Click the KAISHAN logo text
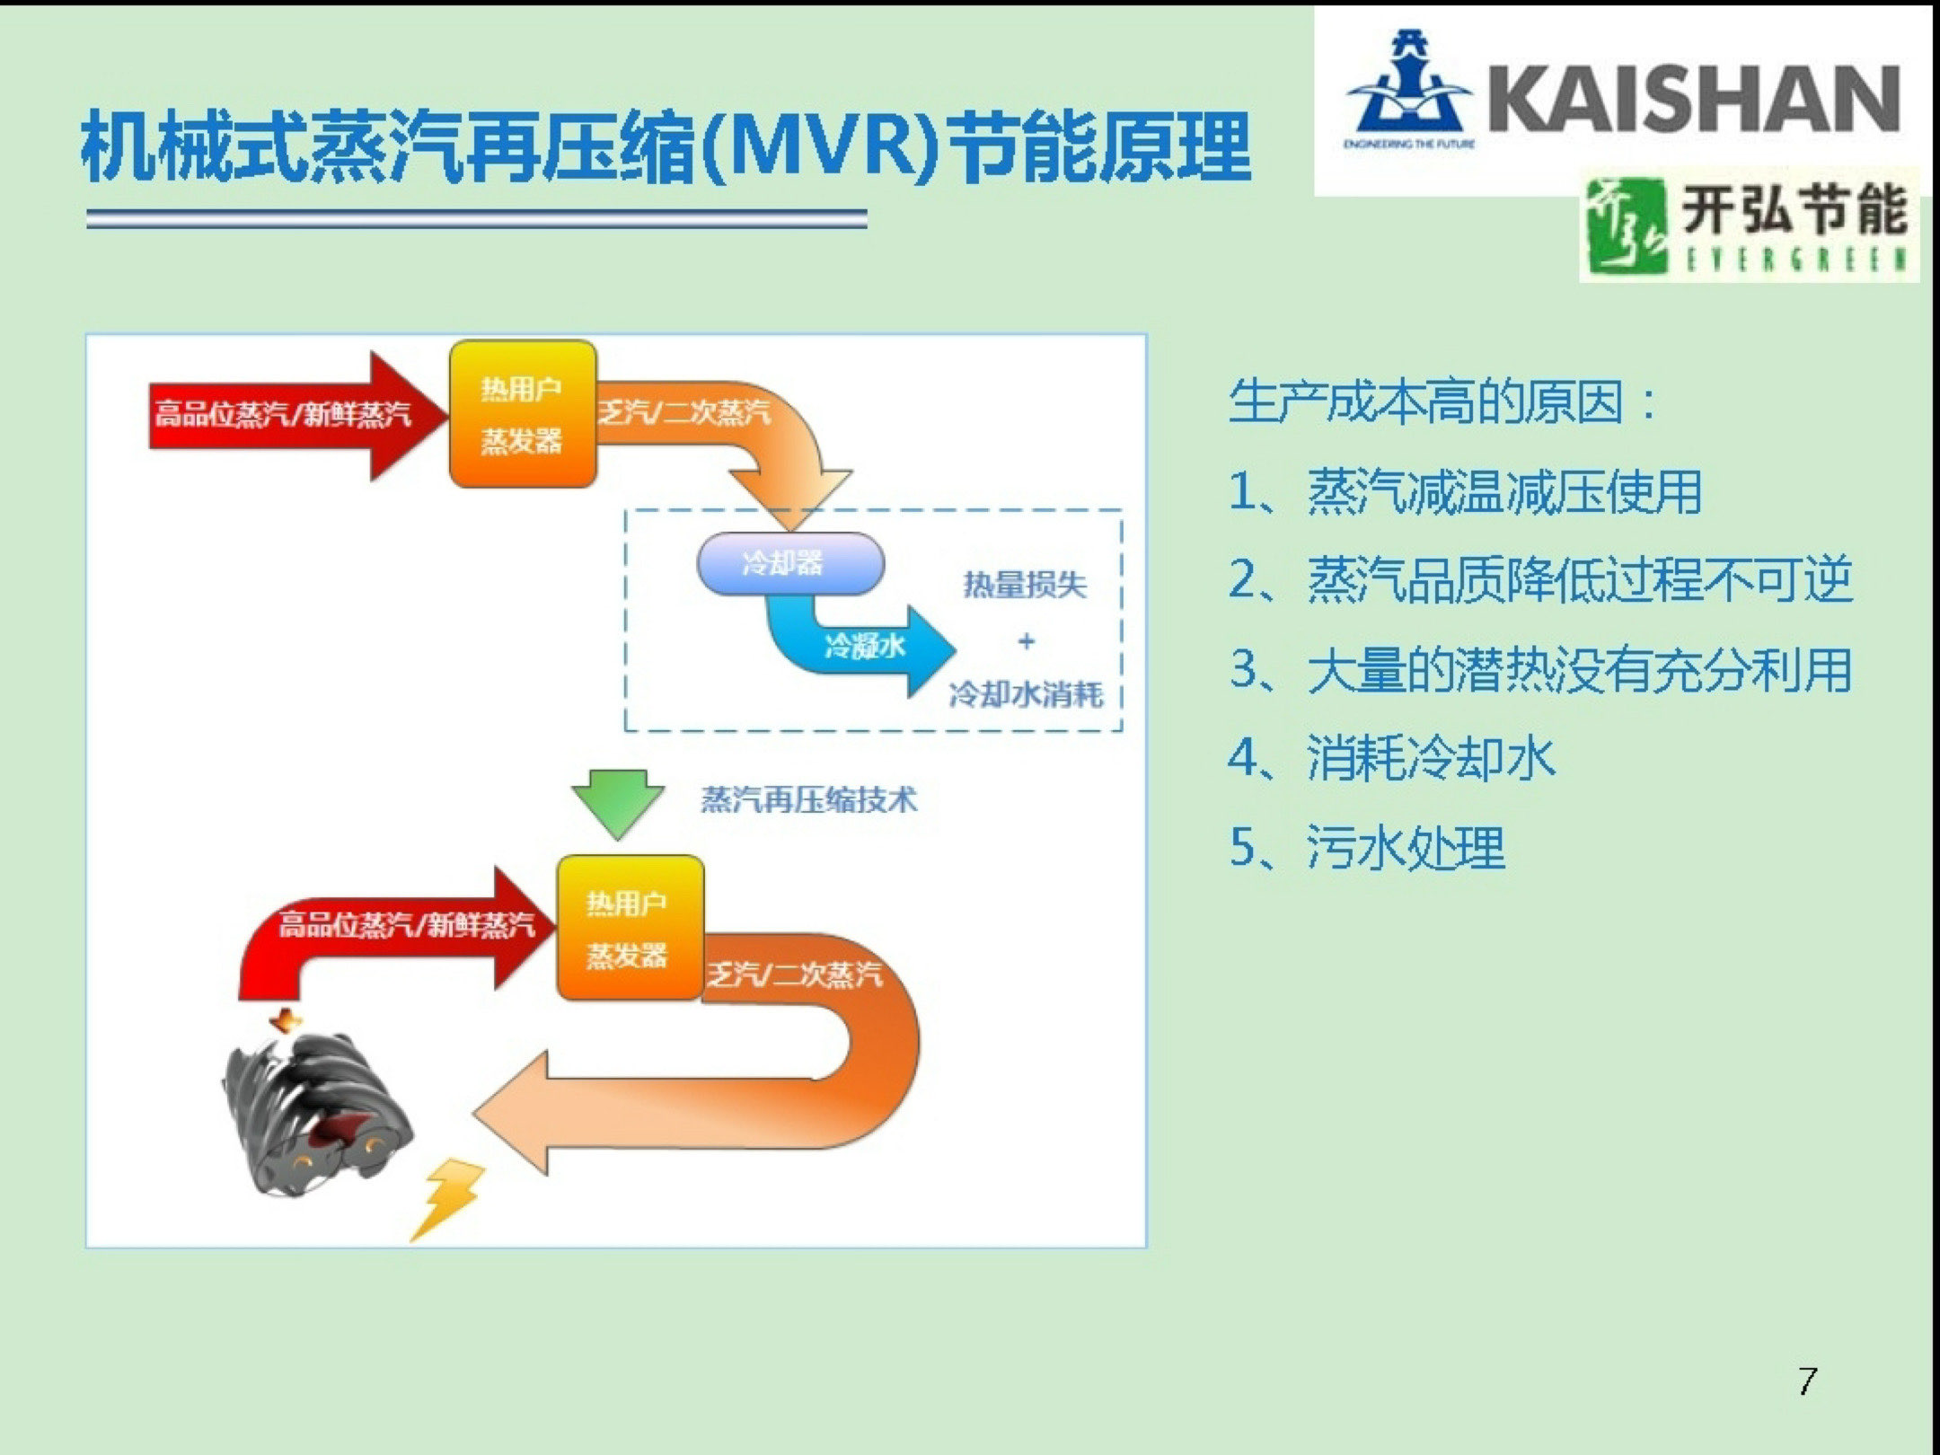click(1693, 99)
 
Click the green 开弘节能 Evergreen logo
click(1748, 225)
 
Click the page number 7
click(1808, 1380)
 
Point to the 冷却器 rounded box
click(790, 564)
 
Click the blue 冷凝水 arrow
click(862, 647)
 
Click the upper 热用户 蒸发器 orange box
click(523, 414)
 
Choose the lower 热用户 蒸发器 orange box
click(630, 928)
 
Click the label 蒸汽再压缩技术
click(808, 799)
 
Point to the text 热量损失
click(1025, 586)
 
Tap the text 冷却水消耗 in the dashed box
click(1026, 694)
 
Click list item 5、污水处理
click(1366, 847)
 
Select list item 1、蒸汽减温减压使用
click(1465, 492)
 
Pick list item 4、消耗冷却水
click(1391, 758)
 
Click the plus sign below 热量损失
click(1027, 641)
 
